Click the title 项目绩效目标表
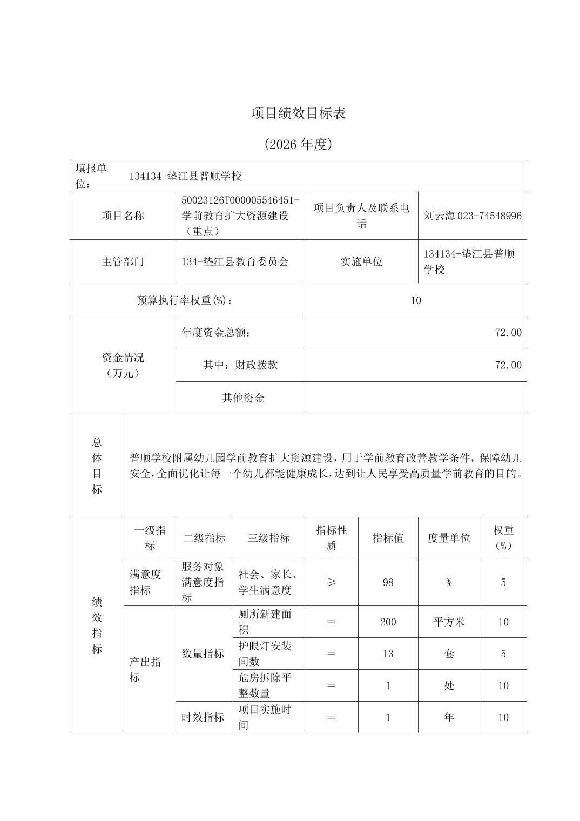[x=298, y=113]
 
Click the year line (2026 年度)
[x=298, y=144]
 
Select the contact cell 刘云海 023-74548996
[x=473, y=216]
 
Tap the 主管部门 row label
[x=123, y=262]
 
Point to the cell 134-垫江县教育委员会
[x=235, y=262]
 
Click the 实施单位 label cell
[x=361, y=262]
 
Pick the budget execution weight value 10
[x=415, y=301]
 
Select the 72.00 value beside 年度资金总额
[x=508, y=333]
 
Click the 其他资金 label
[x=243, y=398]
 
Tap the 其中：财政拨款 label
[x=240, y=365]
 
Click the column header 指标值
[x=388, y=538]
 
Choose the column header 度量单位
[x=449, y=538]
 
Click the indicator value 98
[x=388, y=582]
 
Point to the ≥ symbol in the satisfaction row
[x=332, y=582]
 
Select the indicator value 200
[x=388, y=622]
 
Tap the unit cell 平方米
[x=449, y=622]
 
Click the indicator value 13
[x=388, y=654]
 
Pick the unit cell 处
[x=449, y=686]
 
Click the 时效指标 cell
[x=203, y=717]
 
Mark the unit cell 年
[x=449, y=717]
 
